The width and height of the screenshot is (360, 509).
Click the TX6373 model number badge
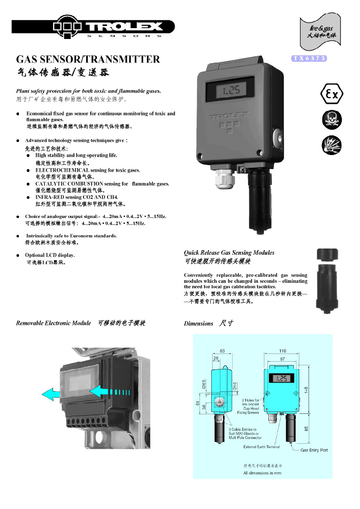309,58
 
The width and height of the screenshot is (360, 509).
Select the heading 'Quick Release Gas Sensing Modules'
229,252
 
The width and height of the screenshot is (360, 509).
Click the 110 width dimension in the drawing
282,351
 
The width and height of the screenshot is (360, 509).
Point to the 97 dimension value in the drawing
282,359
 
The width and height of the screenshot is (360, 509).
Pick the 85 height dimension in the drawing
306,428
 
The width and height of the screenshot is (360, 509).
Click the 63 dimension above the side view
222,351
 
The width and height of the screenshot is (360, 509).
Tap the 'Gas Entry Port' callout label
314,450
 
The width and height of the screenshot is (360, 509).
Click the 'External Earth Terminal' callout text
262,446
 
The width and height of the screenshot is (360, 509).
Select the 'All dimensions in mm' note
262,473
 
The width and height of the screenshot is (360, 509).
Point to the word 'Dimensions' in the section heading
198,323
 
